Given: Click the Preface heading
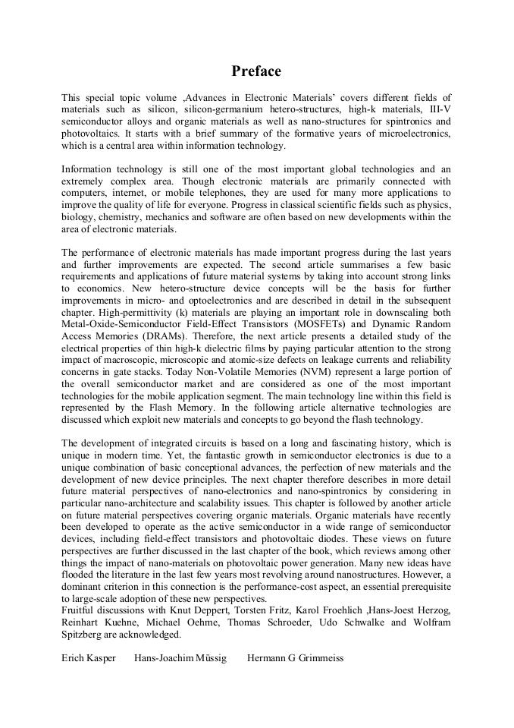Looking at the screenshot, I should (256, 71).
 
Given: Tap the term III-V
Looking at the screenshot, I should (437, 109).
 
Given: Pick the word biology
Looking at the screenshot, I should (78, 217).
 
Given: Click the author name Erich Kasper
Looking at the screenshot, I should (89, 658).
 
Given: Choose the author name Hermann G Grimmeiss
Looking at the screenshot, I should (295, 658).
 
